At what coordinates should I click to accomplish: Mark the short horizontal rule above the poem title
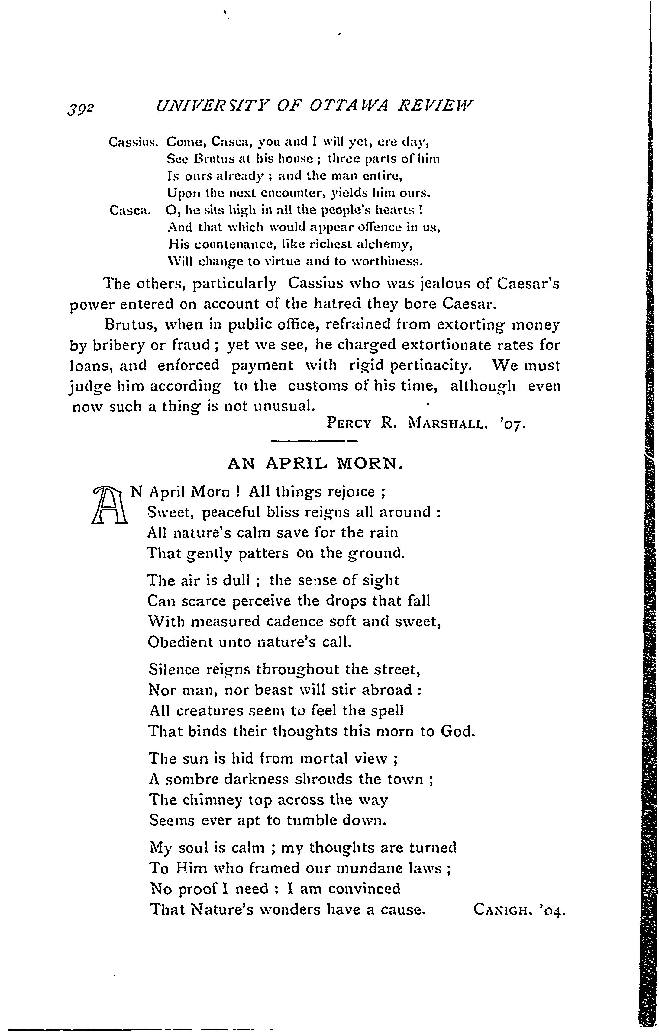(x=314, y=441)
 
